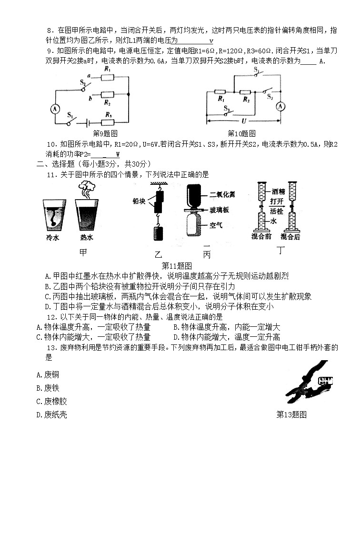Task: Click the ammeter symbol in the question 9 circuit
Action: (54, 109)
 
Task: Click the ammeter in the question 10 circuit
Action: (281, 106)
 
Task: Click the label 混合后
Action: (290, 237)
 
